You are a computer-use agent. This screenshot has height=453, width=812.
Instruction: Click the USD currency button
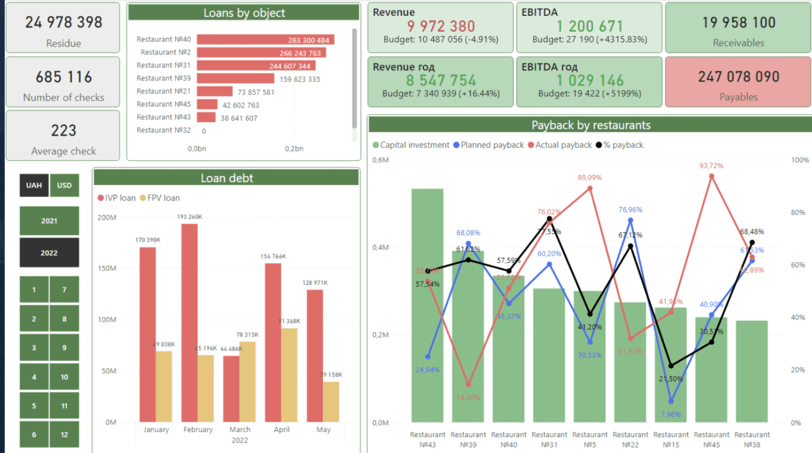(x=64, y=185)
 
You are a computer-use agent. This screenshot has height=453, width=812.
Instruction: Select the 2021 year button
(x=49, y=221)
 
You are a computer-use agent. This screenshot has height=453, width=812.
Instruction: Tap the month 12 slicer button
(x=64, y=434)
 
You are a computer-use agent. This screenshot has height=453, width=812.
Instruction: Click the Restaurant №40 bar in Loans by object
(x=266, y=40)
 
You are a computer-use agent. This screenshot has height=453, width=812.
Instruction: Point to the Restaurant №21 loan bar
(x=215, y=91)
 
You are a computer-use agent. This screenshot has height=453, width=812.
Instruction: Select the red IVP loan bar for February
(x=189, y=323)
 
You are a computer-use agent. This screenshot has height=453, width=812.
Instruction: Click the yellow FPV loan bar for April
(x=289, y=375)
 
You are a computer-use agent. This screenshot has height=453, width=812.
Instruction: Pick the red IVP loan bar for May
(x=315, y=356)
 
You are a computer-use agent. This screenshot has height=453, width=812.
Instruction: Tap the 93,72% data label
(x=711, y=165)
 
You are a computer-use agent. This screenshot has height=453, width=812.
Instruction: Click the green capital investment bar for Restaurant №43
(x=427, y=306)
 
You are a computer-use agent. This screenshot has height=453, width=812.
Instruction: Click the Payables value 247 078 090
(x=738, y=76)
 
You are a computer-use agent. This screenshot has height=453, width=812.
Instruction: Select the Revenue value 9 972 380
(x=441, y=26)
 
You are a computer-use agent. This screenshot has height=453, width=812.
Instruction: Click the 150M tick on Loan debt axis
(x=107, y=268)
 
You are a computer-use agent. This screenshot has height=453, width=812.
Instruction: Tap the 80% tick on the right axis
(x=800, y=212)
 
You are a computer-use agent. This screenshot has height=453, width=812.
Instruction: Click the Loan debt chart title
(x=227, y=178)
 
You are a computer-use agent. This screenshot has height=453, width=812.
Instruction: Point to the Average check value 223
(x=63, y=131)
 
